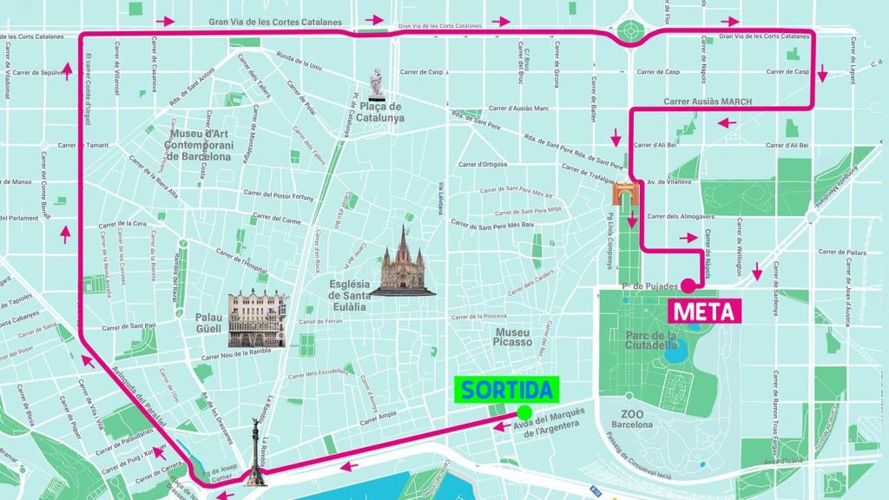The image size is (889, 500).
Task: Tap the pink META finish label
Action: (x=702, y=311)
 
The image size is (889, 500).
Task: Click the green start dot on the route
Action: (x=524, y=412)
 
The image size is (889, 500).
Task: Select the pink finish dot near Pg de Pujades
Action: (x=687, y=286)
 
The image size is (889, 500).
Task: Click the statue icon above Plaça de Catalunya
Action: (x=376, y=83)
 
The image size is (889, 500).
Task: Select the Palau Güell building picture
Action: (x=256, y=319)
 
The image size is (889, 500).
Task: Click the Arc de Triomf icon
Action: (x=624, y=194)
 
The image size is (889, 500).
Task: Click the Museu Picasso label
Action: (x=512, y=337)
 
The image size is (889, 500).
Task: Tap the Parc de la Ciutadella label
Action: (x=651, y=339)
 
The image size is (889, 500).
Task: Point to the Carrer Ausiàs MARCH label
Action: (x=708, y=102)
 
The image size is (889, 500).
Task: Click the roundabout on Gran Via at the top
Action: (x=631, y=34)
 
